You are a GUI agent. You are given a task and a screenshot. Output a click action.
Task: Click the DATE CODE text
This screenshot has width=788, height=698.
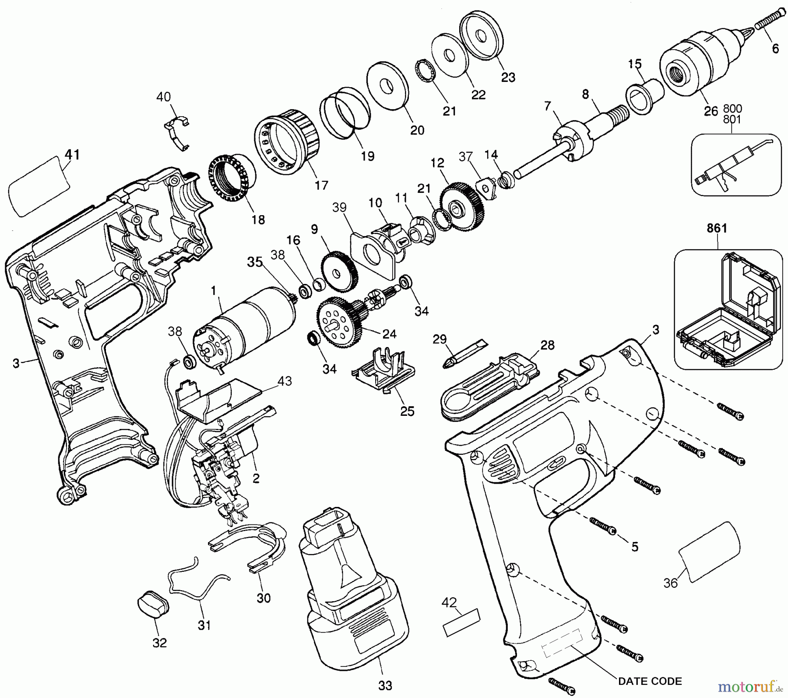click(x=650, y=681)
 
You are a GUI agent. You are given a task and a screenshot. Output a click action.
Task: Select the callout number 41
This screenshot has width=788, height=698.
click(x=72, y=155)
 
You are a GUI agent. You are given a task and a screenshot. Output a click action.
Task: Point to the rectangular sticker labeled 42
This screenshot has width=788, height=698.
click(x=461, y=622)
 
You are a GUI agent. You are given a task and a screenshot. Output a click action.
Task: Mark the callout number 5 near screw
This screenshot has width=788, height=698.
click(x=635, y=546)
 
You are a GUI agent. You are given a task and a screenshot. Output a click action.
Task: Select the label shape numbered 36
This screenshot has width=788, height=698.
click(x=709, y=552)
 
